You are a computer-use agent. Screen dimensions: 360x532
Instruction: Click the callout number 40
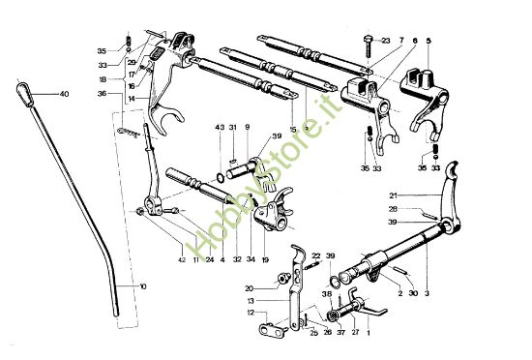65,94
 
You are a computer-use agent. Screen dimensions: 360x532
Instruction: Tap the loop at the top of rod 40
23,90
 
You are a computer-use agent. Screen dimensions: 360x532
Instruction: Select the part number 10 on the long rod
143,287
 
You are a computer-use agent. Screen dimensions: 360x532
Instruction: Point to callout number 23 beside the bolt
386,41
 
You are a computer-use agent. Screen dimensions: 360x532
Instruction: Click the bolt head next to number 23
369,40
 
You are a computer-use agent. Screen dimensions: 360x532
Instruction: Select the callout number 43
220,128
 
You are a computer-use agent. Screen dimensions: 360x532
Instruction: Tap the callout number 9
247,128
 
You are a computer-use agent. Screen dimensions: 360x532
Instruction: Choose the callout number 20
249,288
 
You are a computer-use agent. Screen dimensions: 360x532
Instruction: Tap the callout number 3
428,291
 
